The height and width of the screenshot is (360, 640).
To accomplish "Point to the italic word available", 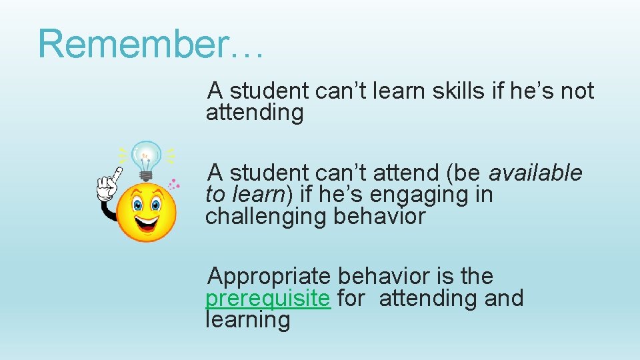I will click(x=535, y=173).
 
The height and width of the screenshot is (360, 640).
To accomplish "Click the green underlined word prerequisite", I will click(x=267, y=298).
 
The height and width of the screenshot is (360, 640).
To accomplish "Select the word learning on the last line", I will click(x=248, y=320).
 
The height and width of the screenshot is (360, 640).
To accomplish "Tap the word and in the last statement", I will click(x=504, y=298).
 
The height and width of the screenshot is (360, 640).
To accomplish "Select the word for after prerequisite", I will click(x=351, y=298).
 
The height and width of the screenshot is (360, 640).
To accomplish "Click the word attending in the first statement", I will click(x=255, y=113).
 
